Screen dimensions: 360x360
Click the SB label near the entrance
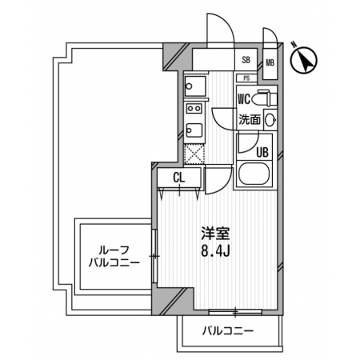(x=246, y=60)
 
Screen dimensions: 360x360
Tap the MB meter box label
(x=270, y=63)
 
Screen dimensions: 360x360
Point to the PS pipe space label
(x=246, y=78)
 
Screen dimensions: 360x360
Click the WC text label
(x=244, y=99)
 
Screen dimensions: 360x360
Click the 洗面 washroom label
(x=250, y=120)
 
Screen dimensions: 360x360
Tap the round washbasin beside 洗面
(x=270, y=120)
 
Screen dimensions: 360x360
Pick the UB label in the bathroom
(x=262, y=152)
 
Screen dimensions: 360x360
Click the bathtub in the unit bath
(x=254, y=174)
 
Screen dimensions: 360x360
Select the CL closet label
(x=178, y=178)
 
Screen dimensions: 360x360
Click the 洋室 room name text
(x=215, y=234)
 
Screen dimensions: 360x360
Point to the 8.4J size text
(x=215, y=250)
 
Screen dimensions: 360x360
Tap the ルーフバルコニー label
(x=114, y=257)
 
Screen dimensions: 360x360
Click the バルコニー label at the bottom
(x=227, y=331)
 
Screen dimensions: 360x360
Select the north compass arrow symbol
(x=304, y=59)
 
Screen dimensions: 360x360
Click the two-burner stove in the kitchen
(x=194, y=109)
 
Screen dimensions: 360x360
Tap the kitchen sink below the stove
(x=194, y=130)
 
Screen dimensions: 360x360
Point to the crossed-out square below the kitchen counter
(x=194, y=154)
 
